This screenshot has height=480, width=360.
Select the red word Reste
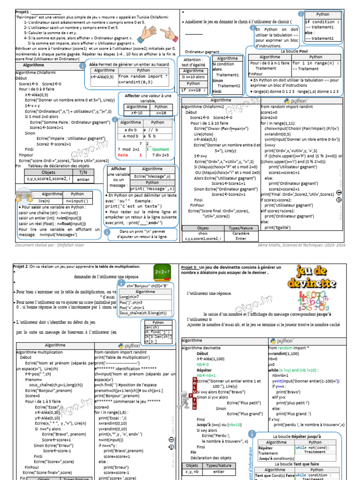point(123,155)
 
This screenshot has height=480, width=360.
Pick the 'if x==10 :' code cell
point(193,90)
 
